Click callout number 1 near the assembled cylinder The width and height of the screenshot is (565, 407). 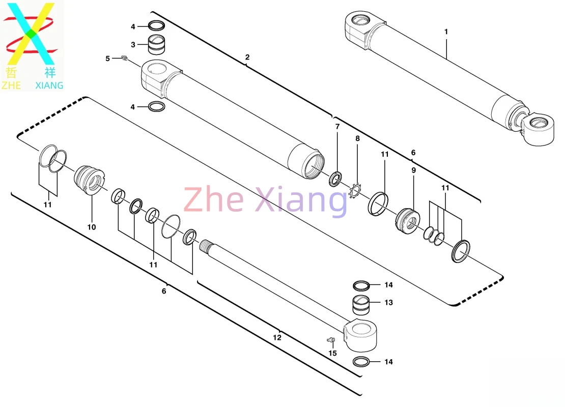pos(446,32)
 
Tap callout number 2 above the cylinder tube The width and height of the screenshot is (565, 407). pos(247,57)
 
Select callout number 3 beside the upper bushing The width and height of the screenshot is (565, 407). pos(133,45)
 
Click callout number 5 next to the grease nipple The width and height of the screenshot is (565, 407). pos(107,59)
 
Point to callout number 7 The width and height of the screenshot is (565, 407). pos(337,126)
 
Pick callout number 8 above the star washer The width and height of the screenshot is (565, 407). pos(357,138)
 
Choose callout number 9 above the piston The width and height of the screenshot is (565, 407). pos(414,170)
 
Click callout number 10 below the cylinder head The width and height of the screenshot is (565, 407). pos(92,227)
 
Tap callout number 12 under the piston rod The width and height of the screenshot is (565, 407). pos(277,337)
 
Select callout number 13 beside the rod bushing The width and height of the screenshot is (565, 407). pos(388,303)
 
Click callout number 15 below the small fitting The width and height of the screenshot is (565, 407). pos(332,354)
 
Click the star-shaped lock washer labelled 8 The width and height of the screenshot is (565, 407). pos(355,191)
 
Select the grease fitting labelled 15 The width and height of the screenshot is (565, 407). pos(331,339)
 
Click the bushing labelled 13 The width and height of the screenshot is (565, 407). pos(361,305)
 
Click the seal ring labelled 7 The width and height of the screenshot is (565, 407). pos(335,179)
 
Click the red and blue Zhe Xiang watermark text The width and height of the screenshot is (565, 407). pos(265,200)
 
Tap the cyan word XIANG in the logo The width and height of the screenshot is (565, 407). pos(49,85)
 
